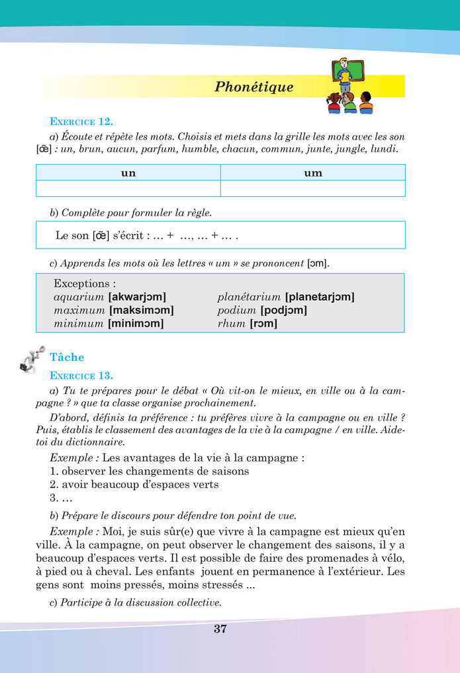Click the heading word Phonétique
(x=253, y=87)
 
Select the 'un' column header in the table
(x=128, y=173)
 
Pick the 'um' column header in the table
(x=312, y=173)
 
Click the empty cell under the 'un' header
(x=128, y=188)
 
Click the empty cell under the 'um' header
(x=312, y=188)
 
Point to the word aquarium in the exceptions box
(x=79, y=297)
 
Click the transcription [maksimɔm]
(x=142, y=310)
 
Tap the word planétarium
(x=249, y=297)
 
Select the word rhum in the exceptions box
(x=231, y=324)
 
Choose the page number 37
(x=220, y=629)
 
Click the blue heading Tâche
(x=67, y=358)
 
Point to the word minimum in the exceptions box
(x=79, y=324)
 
